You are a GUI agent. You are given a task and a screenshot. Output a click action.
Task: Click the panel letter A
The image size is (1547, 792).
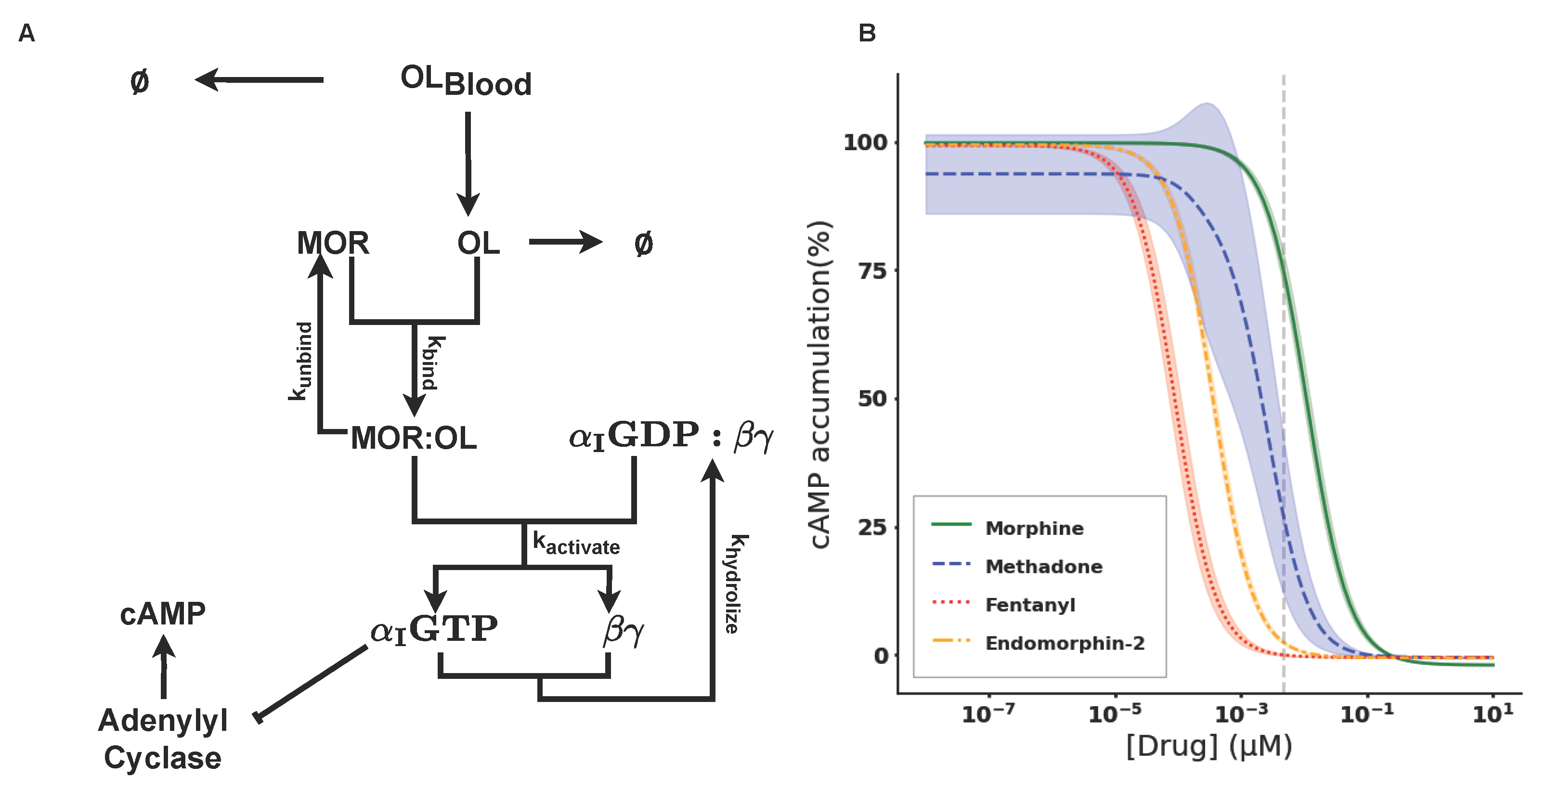[26, 33]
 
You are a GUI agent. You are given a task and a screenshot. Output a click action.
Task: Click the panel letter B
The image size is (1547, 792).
[867, 33]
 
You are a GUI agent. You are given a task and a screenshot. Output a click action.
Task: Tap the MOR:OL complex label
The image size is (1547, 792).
[413, 438]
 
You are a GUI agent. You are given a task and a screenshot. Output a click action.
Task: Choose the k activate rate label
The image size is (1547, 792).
[576, 544]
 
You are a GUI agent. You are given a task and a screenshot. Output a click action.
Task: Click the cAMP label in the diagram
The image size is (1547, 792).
[163, 614]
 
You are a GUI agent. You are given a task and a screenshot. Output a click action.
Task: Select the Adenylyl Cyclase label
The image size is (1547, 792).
[163, 739]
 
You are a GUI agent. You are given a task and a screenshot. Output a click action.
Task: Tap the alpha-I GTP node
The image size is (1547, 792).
[434, 629]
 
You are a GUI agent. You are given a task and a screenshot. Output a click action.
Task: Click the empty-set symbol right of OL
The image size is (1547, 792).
[643, 244]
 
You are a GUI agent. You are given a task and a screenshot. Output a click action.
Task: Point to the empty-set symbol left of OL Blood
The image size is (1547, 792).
[139, 81]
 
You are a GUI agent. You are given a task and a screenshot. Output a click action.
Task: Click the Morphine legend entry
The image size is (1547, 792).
[1034, 528]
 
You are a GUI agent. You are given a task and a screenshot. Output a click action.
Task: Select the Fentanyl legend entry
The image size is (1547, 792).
[1030, 605]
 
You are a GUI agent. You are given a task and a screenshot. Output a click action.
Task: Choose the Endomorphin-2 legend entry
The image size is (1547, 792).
[1064, 643]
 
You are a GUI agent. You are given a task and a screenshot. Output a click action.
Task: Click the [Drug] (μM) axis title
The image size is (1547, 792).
[1209, 746]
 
